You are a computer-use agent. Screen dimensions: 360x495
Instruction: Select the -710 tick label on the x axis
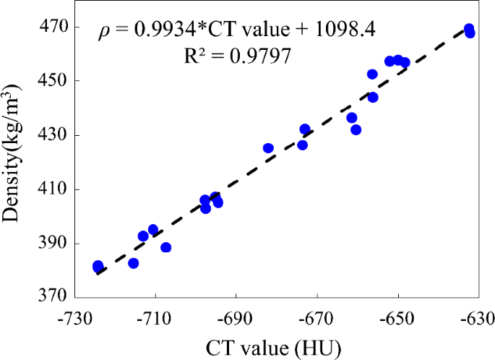pos(154,318)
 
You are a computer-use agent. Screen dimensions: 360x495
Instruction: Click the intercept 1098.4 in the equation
pos(344,30)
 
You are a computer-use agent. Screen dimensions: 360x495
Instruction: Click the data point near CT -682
pos(268,148)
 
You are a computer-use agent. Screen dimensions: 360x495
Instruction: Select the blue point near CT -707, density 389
pos(165,247)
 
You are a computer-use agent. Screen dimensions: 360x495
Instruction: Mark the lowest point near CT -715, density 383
pos(133,263)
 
